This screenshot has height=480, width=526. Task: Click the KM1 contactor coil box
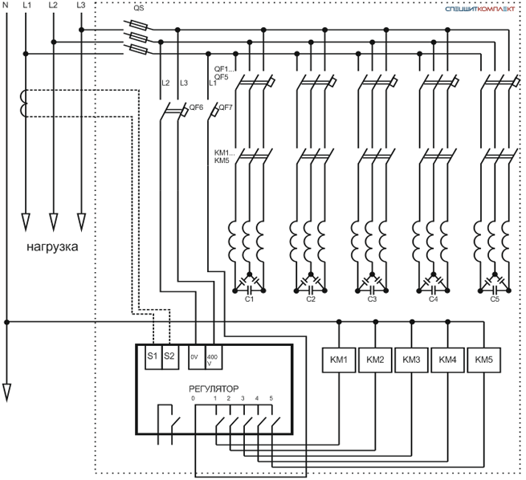pyautogui.click(x=339, y=360)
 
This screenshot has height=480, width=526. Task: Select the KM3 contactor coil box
pyautogui.click(x=411, y=360)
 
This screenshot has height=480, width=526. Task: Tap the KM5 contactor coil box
pyautogui.click(x=483, y=360)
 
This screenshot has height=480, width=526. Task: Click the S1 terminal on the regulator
pyautogui.click(x=153, y=356)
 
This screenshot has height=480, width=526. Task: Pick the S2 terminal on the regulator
pyautogui.click(x=170, y=356)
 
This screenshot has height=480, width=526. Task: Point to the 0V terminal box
pyautogui.click(x=197, y=356)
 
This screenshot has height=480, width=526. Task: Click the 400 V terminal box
pyautogui.click(x=214, y=356)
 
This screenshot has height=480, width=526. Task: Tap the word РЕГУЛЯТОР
pyautogui.click(x=214, y=388)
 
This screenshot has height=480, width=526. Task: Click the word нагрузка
pyautogui.click(x=52, y=247)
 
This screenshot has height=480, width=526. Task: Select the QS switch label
pyautogui.click(x=139, y=8)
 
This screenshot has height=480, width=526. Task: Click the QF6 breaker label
pyautogui.click(x=196, y=108)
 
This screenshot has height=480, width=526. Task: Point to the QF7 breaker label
pyautogui.click(x=226, y=108)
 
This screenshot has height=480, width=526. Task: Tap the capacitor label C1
pyautogui.click(x=249, y=299)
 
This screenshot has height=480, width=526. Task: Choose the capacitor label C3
pyautogui.click(x=372, y=299)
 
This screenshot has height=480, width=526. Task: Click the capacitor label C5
pyautogui.click(x=495, y=299)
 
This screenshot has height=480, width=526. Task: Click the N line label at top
pyautogui.click(x=6, y=5)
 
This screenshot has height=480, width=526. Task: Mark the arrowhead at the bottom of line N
pyautogui.click(x=6, y=393)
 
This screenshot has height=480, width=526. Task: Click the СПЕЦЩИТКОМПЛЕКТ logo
pyautogui.click(x=479, y=9)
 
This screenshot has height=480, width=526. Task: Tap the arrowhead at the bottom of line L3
pyautogui.click(x=81, y=222)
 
